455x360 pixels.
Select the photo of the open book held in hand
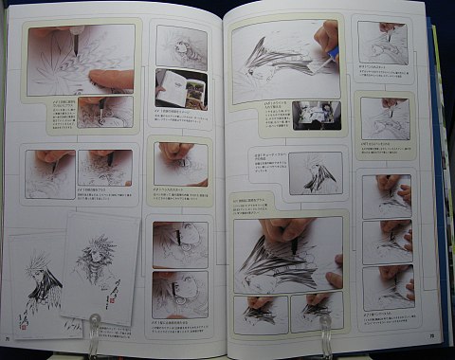click(x=181, y=88)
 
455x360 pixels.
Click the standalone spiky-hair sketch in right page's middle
click(x=315, y=173)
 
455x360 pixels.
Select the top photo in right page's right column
click(x=383, y=44)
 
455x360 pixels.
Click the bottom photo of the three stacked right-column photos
click(x=387, y=286)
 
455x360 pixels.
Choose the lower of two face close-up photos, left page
click(x=180, y=295)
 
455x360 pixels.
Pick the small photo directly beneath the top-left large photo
click(x=104, y=113)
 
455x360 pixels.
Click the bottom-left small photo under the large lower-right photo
click(x=261, y=314)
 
